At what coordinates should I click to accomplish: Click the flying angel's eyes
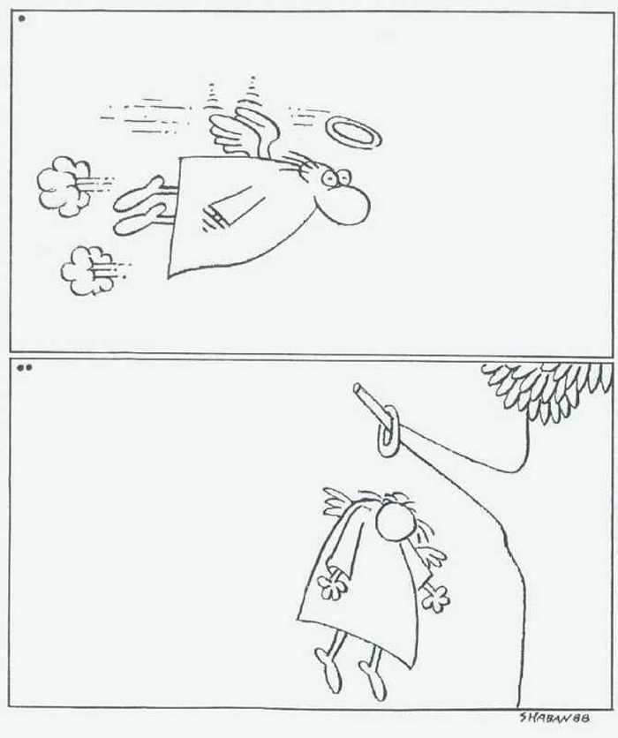(336, 177)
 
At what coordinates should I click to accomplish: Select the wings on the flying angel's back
(241, 130)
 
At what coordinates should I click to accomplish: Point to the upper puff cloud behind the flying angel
(64, 186)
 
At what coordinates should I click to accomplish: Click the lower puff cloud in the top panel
(87, 271)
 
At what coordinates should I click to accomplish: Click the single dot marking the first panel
(21, 19)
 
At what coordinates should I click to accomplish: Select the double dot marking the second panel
(25, 367)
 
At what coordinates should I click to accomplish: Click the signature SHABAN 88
(554, 718)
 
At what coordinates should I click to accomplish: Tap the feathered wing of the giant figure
(548, 388)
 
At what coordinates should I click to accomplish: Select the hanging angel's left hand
(435, 598)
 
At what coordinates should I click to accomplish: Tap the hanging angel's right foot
(329, 668)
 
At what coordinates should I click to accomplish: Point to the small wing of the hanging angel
(340, 502)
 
